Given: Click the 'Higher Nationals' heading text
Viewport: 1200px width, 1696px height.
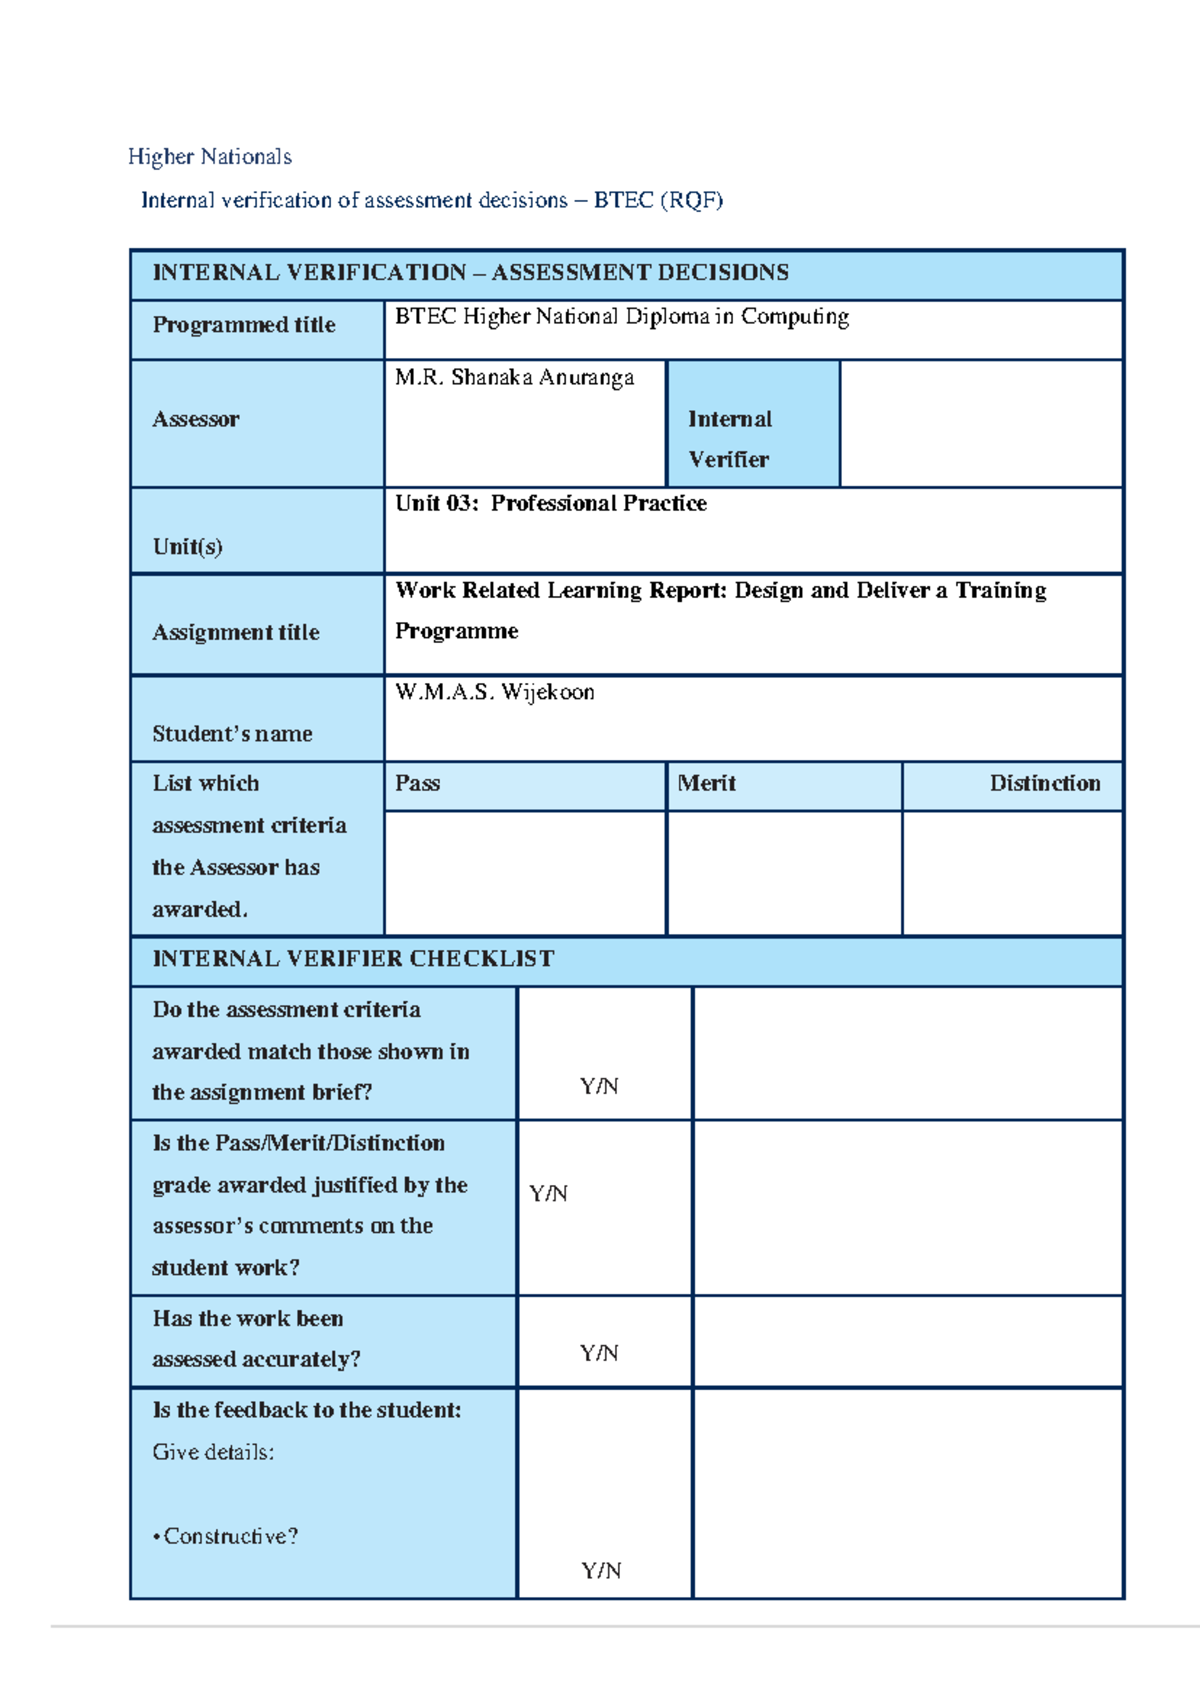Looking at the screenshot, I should pos(210,157).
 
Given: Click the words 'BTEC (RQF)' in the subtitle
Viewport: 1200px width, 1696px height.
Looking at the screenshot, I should pos(658,200).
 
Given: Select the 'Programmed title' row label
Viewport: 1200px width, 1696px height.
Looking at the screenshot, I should pos(244,325).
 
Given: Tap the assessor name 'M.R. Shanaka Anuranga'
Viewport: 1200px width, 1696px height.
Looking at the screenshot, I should pos(514,378).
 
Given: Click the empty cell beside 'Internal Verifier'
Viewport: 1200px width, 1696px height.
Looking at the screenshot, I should pos(980,424).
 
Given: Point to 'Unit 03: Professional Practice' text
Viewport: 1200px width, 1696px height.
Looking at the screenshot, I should pos(550,504).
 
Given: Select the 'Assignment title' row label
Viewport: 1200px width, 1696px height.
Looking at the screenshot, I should pos(236,632).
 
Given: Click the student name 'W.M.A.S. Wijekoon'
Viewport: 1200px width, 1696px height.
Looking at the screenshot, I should pos(494,692).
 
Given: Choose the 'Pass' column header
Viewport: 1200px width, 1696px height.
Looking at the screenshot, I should pos(418,784).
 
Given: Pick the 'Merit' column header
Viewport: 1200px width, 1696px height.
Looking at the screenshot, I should pos(706,784).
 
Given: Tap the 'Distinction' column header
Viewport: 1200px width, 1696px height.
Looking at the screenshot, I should pos(1044,784).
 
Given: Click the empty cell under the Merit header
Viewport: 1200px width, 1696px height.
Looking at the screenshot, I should pos(784,872).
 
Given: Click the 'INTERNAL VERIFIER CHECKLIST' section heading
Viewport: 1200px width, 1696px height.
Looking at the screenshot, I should pos(353,959).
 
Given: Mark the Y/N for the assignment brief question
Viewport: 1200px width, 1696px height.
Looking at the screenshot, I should pos(599,1086).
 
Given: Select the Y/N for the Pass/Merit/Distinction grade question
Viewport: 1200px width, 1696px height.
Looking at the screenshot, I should pos(548,1194).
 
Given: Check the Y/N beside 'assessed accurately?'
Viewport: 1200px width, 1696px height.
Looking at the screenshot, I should pos(599,1353).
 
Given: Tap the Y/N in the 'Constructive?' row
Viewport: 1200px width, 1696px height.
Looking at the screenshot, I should pos(601,1571).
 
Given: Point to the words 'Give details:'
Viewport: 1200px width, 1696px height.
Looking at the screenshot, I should pos(213,1452).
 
